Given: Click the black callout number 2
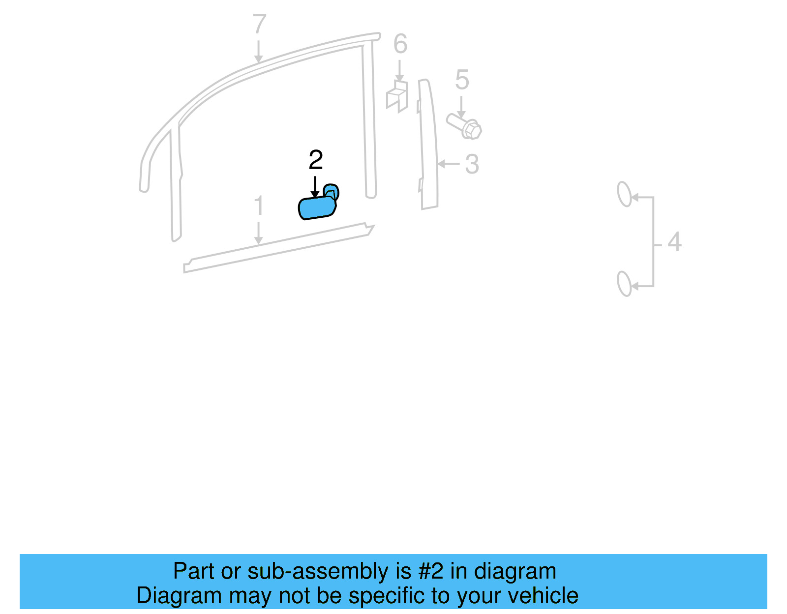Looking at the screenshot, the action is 316,160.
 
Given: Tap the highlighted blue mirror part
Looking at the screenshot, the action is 317,207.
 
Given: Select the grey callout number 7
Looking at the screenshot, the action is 259,25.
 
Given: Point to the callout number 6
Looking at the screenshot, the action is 400,44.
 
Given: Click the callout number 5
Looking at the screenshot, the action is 462,80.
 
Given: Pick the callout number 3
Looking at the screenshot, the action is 472,164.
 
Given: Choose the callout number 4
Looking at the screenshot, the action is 674,242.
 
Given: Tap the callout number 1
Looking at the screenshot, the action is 259,206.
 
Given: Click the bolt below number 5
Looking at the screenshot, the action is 465,126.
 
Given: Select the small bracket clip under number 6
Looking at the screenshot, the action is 397,96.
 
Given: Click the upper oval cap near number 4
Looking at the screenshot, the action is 624,194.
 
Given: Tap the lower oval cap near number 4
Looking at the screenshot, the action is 624,284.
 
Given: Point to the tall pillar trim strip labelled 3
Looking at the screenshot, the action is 428,147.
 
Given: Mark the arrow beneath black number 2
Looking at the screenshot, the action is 315,188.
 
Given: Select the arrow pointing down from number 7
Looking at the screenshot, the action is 258,52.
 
